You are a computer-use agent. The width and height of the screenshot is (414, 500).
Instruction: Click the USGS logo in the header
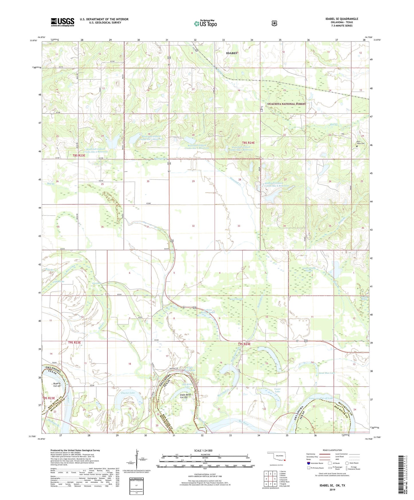[62, 22]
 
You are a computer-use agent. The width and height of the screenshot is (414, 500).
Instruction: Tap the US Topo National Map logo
[205, 23]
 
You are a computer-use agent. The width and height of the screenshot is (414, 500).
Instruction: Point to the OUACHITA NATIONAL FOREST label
[287, 104]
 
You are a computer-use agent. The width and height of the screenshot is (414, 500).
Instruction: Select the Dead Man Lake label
[327, 373]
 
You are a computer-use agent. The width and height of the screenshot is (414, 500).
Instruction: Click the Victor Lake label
[277, 390]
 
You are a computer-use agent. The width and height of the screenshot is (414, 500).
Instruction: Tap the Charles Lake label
[127, 393]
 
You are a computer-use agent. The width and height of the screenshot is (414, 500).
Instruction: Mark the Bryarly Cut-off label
[57, 385]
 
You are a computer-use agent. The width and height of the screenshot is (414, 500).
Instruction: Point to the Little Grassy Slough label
[309, 269]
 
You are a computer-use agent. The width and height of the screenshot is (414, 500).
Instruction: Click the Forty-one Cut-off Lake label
[321, 398]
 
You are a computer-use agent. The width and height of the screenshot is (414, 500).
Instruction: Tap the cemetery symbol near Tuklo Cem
[357, 146]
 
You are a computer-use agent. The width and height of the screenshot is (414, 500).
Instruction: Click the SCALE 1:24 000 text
[203, 450]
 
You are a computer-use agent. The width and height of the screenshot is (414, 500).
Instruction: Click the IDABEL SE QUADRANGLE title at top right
[342, 19]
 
